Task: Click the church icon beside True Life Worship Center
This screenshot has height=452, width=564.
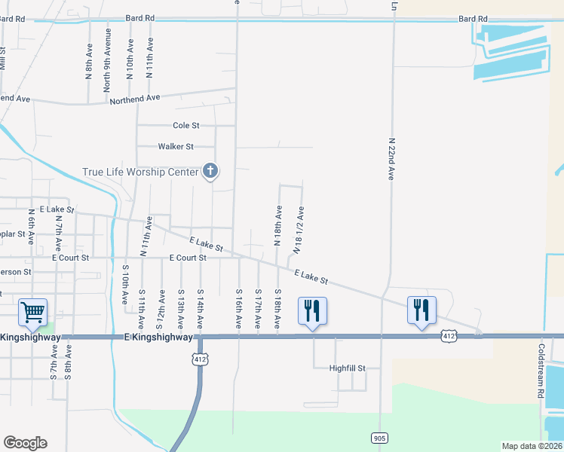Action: point(210,172)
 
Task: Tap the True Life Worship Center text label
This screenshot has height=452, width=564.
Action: point(140,172)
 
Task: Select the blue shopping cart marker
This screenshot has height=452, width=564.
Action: point(32,312)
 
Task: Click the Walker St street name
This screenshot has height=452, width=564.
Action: point(176,146)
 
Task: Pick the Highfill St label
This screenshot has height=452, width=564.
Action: point(348,368)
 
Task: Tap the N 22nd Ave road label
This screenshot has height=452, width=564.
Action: point(392,158)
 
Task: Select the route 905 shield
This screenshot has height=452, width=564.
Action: point(379,437)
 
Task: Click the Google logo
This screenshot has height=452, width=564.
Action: point(25,443)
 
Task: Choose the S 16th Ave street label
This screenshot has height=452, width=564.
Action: point(239,307)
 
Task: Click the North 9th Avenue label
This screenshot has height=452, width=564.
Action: point(109,60)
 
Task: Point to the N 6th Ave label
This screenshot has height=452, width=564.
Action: point(31,227)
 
